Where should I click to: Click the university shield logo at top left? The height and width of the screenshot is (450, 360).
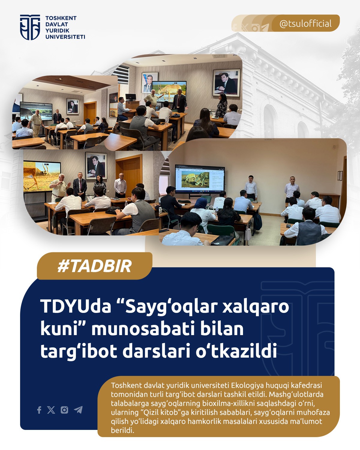coord(30,27)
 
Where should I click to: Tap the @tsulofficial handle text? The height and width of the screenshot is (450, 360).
coord(305,24)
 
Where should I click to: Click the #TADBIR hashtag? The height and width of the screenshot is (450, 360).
coord(94,266)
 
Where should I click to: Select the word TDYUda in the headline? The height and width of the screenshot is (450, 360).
coord(76,307)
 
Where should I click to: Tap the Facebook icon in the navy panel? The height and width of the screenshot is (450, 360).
coord(39,410)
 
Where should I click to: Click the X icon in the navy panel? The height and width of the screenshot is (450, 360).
coord(51,410)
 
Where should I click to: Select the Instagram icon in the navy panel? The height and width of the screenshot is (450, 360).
coord(64,410)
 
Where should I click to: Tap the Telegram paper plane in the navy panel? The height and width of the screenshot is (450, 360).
coord(78,410)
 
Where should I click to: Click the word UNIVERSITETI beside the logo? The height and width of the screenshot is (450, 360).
coord(65,37)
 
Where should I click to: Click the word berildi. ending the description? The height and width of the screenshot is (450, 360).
coord(122,430)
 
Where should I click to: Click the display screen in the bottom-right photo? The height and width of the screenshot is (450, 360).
coord(200,179)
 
